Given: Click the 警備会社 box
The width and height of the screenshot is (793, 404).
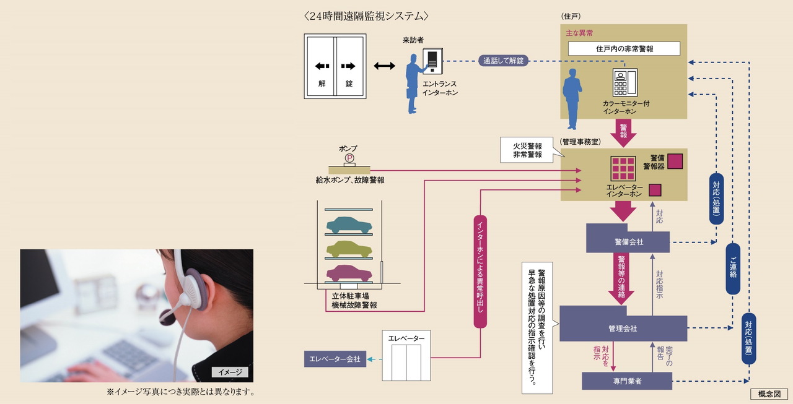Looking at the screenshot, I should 628,242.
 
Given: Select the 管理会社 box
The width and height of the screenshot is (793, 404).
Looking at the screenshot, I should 623,328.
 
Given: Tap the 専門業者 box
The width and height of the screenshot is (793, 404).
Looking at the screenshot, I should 627,381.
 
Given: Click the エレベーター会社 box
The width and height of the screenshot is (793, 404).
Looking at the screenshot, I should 335,359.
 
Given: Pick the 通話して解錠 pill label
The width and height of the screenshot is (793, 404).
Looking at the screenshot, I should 502,61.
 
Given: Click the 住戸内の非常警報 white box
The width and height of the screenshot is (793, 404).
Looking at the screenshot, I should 624,49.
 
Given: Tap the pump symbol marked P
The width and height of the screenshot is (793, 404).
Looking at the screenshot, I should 349,158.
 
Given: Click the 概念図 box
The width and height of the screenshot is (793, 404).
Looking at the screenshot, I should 768,394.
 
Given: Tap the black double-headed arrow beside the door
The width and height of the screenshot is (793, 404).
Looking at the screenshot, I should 385,66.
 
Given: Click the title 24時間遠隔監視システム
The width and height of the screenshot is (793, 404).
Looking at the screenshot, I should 366,15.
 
